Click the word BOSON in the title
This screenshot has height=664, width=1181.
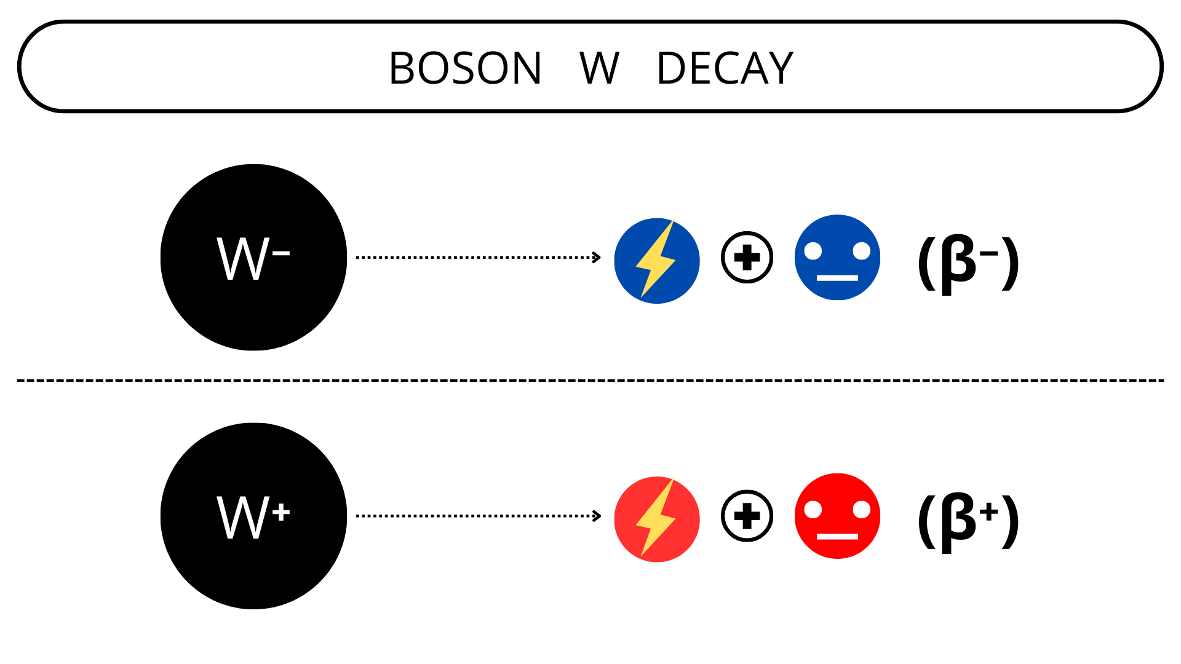click(x=465, y=68)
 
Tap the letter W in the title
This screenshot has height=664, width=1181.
click(x=599, y=68)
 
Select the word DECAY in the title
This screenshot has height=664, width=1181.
click(x=725, y=68)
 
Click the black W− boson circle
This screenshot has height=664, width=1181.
click(x=253, y=257)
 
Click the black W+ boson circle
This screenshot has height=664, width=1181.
click(x=253, y=516)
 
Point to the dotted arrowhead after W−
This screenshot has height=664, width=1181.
click(x=596, y=257)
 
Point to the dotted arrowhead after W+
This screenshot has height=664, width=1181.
click(x=596, y=516)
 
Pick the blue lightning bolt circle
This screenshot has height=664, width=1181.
click(x=657, y=261)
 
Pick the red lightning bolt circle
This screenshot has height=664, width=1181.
click(x=657, y=520)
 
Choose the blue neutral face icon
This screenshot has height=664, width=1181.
click(x=837, y=257)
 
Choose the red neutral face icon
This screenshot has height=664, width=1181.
click(x=837, y=516)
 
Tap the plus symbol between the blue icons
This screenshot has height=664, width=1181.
click(x=747, y=257)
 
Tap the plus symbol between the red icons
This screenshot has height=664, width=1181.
click(x=747, y=516)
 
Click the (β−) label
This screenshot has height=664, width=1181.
click(x=968, y=263)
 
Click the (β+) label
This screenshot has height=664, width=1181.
click(x=968, y=522)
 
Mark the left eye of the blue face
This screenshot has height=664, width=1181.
click(x=813, y=251)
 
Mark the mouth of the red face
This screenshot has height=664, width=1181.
click(x=837, y=537)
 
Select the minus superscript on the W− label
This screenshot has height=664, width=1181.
click(x=281, y=253)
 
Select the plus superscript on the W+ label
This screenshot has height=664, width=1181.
click(x=281, y=512)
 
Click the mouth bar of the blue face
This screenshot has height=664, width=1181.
click(x=837, y=278)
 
